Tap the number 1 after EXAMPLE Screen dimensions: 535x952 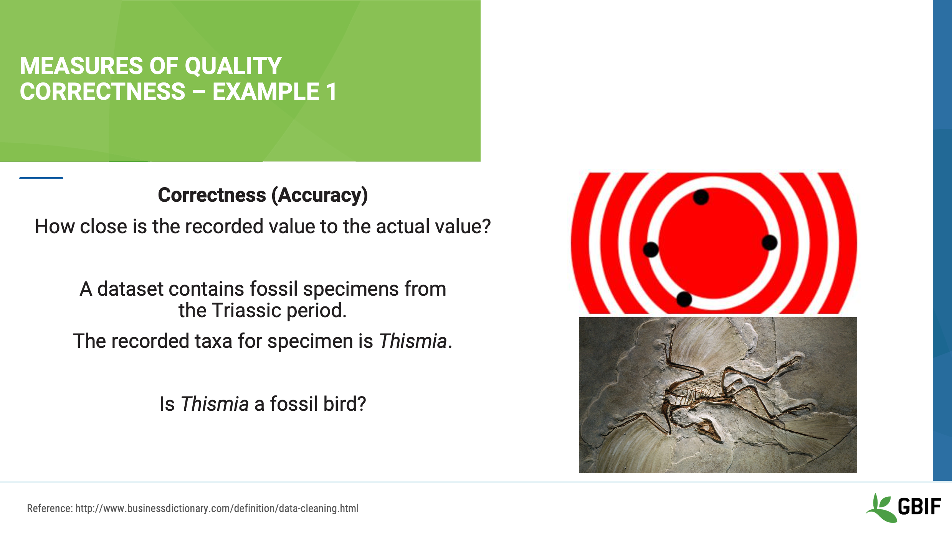[x=331, y=92]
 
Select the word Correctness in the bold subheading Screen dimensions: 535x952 [x=212, y=195]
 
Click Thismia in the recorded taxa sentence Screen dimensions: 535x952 [x=413, y=341]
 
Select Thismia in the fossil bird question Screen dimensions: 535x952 [x=215, y=404]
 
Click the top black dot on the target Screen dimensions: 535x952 [x=701, y=197]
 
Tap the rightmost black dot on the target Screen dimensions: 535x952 [x=769, y=242]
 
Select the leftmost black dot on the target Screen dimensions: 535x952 [x=651, y=250]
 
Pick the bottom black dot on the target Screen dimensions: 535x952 [x=684, y=299]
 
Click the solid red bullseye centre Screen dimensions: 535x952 [x=714, y=245]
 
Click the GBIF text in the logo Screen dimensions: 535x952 [x=919, y=507]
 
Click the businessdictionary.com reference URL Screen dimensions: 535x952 [x=217, y=509]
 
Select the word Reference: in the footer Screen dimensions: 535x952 [x=50, y=509]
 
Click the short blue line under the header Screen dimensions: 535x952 [x=41, y=178]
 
